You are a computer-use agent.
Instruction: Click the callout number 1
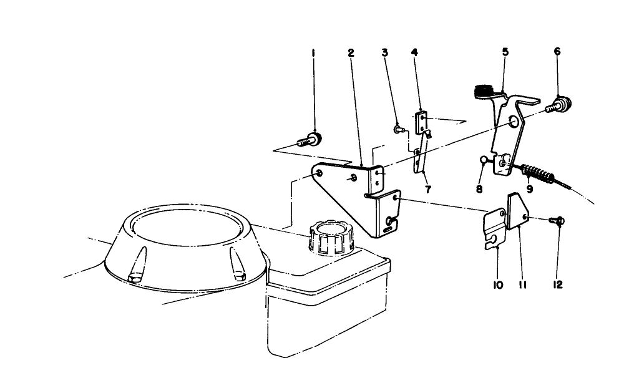click(x=313, y=54)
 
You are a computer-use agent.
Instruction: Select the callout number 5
click(x=505, y=52)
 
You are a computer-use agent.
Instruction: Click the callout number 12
click(x=558, y=284)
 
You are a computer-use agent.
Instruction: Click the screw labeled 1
click(x=310, y=138)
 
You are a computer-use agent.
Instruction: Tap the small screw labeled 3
click(x=399, y=129)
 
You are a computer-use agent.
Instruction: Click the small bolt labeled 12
click(x=557, y=220)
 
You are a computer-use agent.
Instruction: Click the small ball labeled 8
click(x=485, y=160)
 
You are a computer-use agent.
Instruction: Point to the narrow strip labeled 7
click(x=419, y=156)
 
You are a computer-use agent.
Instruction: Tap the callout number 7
click(x=428, y=188)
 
